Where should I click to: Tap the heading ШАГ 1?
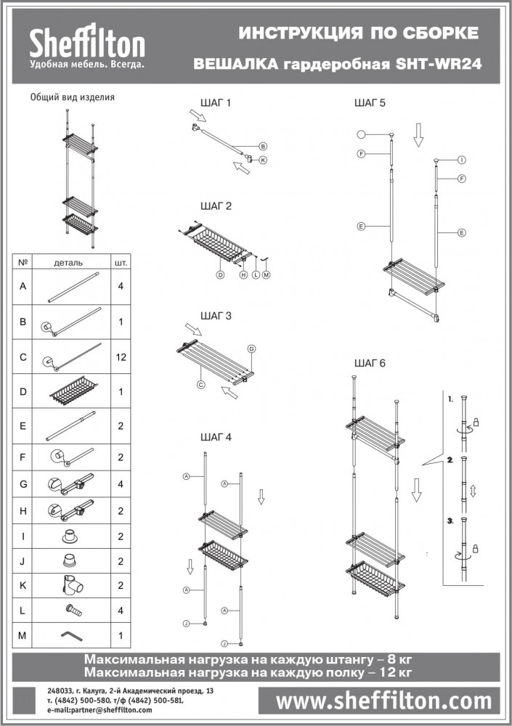click(216, 103)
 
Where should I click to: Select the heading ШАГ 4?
click(216, 437)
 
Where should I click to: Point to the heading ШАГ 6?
click(370, 363)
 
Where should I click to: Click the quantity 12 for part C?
click(121, 357)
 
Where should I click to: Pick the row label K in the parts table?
click(23, 585)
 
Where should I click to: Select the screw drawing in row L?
click(74, 611)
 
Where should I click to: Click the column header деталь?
click(68, 263)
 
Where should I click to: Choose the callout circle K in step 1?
click(263, 160)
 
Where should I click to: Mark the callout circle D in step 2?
click(221, 274)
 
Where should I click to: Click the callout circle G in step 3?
click(251, 348)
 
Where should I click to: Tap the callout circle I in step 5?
click(461, 160)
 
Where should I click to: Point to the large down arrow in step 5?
click(418, 135)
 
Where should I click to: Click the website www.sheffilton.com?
click(383, 701)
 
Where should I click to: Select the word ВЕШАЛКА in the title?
click(236, 64)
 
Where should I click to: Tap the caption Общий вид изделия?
click(73, 97)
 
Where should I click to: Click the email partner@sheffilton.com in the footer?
click(99, 710)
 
